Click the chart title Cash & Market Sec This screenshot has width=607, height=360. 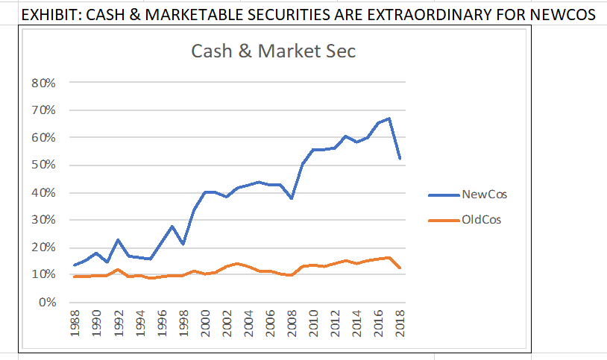274,51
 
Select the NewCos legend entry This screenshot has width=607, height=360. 484,195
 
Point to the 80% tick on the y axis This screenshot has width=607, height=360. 44,83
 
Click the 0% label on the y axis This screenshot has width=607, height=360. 47,303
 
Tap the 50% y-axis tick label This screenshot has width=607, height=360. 44,165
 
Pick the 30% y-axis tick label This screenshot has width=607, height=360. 44,220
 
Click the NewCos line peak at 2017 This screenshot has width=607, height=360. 389,119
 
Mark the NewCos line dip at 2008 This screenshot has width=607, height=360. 292,198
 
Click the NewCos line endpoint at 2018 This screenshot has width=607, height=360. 400,158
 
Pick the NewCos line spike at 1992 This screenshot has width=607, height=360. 119,239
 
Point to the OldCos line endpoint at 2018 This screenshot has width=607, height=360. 400,268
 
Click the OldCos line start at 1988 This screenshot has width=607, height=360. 75,277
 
